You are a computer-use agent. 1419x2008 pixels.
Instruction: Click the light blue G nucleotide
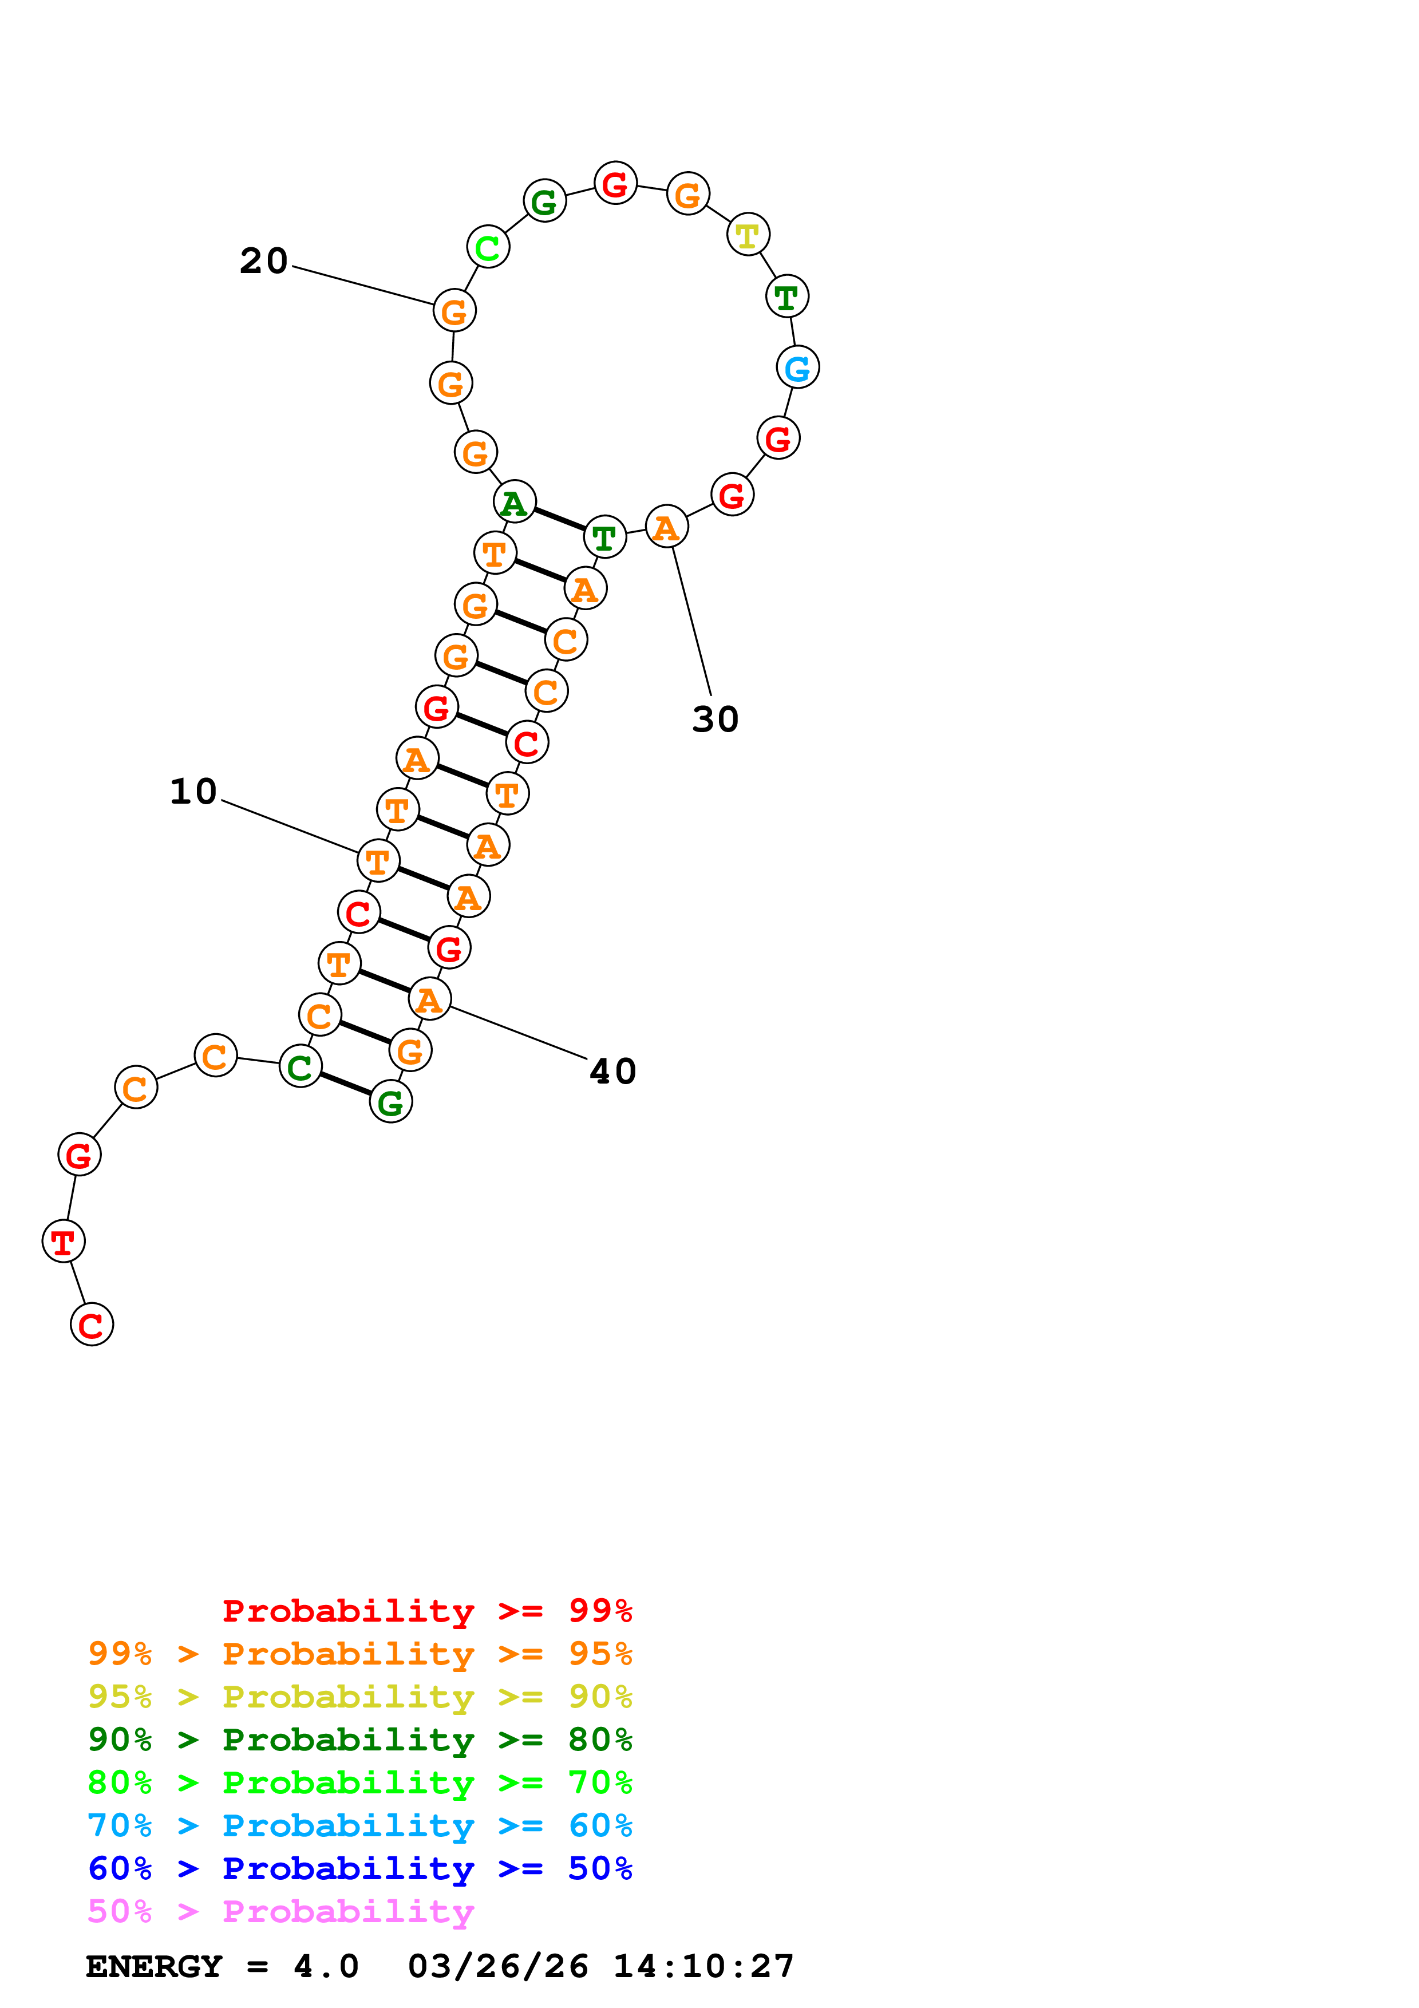(x=797, y=367)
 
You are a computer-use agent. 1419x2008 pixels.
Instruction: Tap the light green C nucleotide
(x=488, y=247)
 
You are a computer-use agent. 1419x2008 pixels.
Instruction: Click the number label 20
(x=263, y=260)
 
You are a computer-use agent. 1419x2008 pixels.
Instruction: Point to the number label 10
(x=193, y=792)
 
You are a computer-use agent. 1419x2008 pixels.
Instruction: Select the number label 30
(x=715, y=720)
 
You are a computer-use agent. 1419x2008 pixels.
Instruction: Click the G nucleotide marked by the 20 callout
(x=454, y=310)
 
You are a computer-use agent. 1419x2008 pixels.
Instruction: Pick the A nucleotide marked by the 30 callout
(x=666, y=527)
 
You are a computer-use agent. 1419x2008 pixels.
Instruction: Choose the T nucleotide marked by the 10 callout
(x=378, y=861)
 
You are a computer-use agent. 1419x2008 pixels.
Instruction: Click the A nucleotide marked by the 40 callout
(x=429, y=999)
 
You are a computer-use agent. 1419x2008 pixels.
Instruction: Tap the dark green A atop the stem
(x=514, y=503)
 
